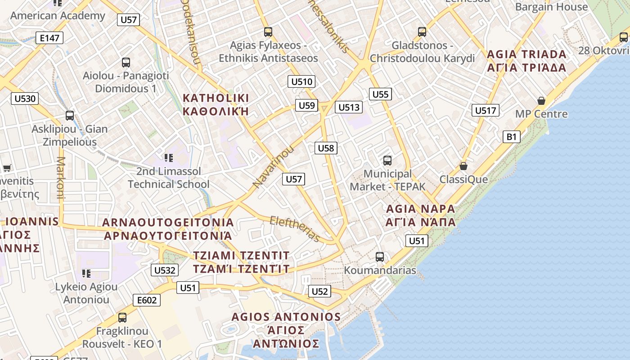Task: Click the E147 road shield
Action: click(x=49, y=38)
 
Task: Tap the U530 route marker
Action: click(x=25, y=99)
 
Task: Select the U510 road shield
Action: click(x=301, y=81)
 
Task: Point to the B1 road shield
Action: click(x=512, y=136)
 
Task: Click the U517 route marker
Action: click(x=486, y=110)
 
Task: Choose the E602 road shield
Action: click(x=147, y=300)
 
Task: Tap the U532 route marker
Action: click(x=164, y=270)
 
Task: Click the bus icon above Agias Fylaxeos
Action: click(x=268, y=31)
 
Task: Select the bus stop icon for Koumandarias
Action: click(x=380, y=257)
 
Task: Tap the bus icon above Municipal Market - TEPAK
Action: click(x=387, y=160)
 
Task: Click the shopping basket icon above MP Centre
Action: click(x=541, y=101)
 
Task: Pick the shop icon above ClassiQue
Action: click(x=463, y=166)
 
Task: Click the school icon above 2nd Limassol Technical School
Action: click(x=169, y=157)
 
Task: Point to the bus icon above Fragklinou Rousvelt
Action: click(x=122, y=317)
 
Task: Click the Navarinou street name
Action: click(x=273, y=166)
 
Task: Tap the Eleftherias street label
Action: click(x=295, y=229)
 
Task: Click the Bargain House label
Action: click(x=551, y=7)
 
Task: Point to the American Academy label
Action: click(x=58, y=16)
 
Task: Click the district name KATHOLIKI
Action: click(x=216, y=98)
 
